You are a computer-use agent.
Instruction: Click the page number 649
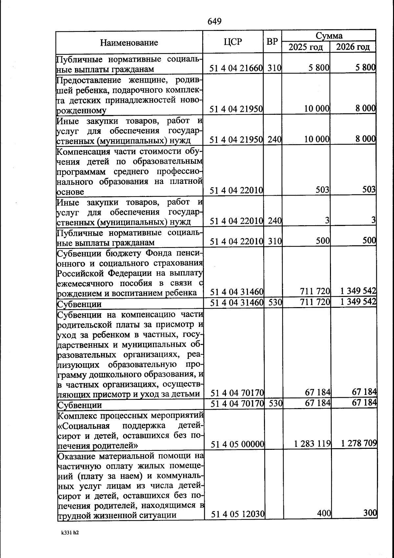click(x=214, y=21)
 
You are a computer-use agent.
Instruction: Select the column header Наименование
click(x=129, y=42)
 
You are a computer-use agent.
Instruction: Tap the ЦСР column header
click(x=233, y=42)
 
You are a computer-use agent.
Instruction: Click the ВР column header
click(x=272, y=42)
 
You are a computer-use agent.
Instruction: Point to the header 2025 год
click(x=306, y=47)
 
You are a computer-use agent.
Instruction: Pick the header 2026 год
click(x=353, y=47)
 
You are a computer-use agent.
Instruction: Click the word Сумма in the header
click(x=329, y=36)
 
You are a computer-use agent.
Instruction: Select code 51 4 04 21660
click(x=236, y=68)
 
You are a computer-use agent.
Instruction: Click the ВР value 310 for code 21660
click(x=274, y=68)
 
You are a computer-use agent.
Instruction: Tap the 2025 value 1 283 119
click(x=312, y=444)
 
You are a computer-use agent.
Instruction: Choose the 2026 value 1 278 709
click(x=359, y=444)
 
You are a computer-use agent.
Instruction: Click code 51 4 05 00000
click(x=237, y=445)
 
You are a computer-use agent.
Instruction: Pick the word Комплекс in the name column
click(x=77, y=416)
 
